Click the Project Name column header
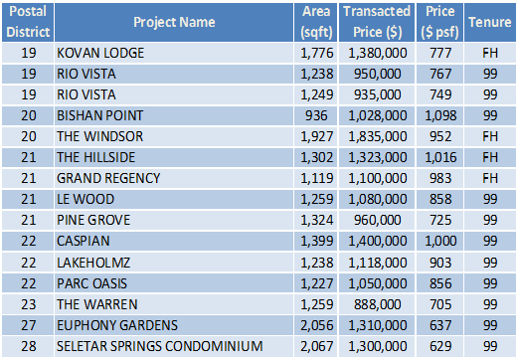click(174, 22)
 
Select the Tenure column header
click(490, 22)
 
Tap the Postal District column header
click(28, 22)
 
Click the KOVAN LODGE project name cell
click(100, 53)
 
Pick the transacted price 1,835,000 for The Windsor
click(378, 136)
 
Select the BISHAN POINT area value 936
click(316, 115)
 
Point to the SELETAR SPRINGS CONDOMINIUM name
click(160, 346)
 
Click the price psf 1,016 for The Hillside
click(440, 157)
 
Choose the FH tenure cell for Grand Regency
click(490, 178)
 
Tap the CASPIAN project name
click(84, 241)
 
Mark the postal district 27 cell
click(29, 325)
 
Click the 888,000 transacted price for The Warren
click(378, 304)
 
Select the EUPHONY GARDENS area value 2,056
click(317, 325)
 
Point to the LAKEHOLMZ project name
click(93, 263)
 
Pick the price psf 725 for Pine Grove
click(440, 220)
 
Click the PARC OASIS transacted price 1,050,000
click(378, 283)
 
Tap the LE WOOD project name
click(86, 199)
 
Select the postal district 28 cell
click(29, 346)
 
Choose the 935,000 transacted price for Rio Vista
click(378, 94)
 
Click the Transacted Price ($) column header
click(377, 22)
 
